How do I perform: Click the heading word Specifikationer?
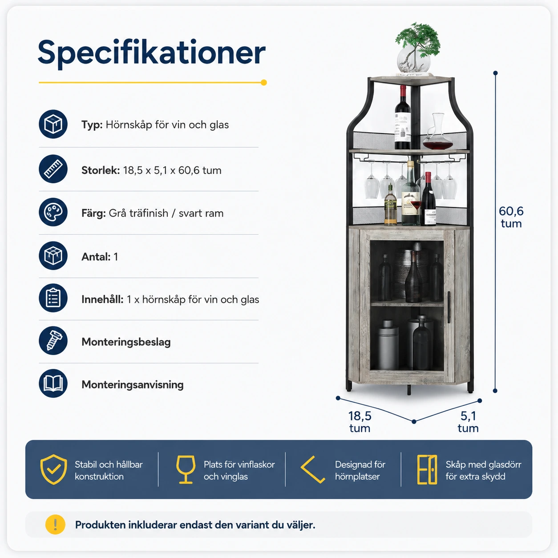[151, 53]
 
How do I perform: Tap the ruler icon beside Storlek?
[53, 169]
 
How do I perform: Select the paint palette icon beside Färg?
[53, 212]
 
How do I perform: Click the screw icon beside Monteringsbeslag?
[53, 341]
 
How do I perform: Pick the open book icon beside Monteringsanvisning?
[53, 384]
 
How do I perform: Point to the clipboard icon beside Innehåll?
[53, 298]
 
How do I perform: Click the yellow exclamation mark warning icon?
[55, 525]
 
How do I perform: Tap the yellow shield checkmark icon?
[53, 469]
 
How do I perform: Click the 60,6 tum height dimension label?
[511, 217]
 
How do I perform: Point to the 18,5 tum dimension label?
[360, 422]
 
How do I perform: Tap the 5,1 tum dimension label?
[468, 422]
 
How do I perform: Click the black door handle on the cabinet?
[449, 307]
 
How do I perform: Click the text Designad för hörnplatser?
[360, 470]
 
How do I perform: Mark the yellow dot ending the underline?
[263, 82]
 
